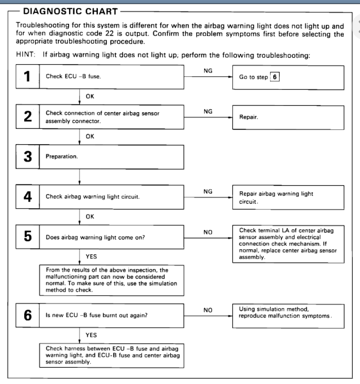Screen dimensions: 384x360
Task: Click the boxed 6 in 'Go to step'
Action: pyautogui.click(x=275, y=77)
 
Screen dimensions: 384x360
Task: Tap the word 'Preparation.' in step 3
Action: pyautogui.click(x=61, y=157)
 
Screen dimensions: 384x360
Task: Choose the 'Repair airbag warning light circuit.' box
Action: pyautogui.click(x=288, y=197)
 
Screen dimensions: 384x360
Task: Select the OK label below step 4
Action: pyautogui.click(x=90, y=217)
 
